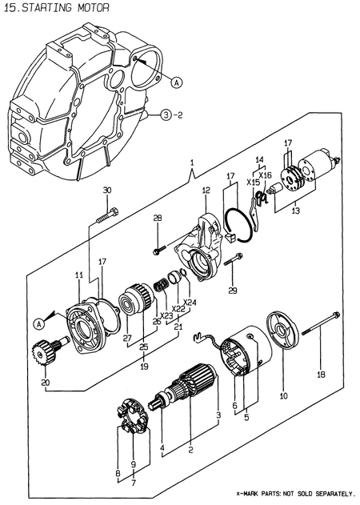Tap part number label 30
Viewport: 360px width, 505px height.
click(108, 190)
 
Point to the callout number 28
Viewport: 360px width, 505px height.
click(157, 218)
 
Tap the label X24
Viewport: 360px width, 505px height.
click(189, 303)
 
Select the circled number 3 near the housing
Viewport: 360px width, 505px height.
click(165, 114)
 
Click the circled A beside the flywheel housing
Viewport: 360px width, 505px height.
click(176, 81)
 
